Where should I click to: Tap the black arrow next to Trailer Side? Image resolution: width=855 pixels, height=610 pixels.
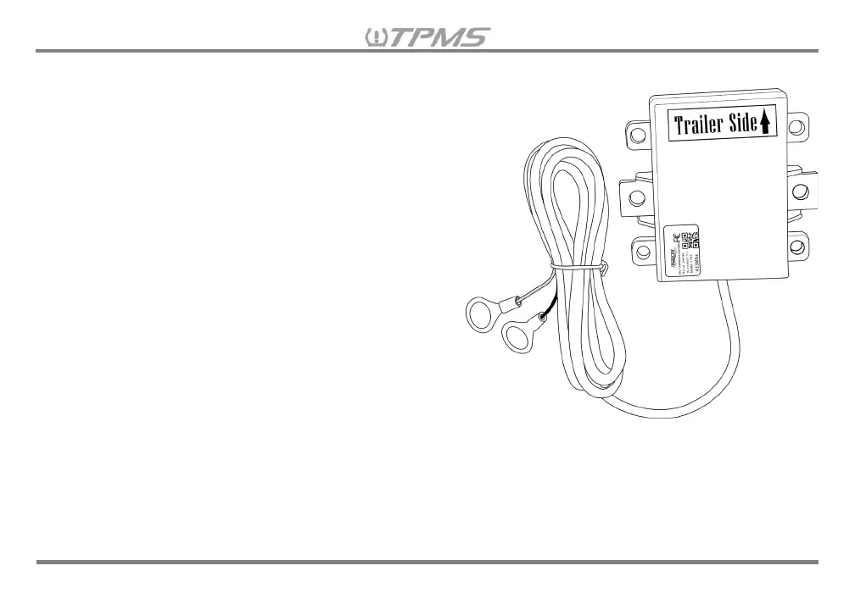click(765, 125)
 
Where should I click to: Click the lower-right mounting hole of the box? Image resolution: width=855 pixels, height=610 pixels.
click(796, 247)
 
